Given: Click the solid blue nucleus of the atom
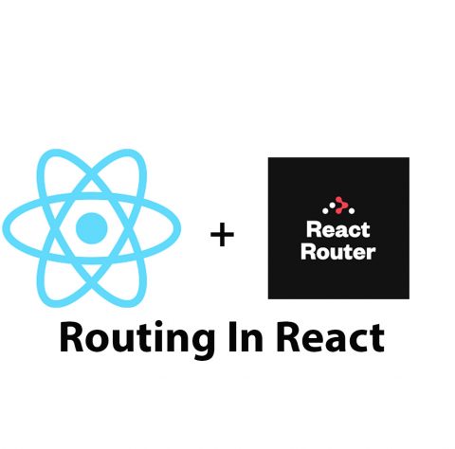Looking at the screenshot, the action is point(92,228).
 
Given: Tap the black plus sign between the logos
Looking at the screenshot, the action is point(222,235).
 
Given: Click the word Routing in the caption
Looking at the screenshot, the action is point(136,338).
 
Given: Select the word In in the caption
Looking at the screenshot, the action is point(246,337).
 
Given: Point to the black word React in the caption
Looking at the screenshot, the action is point(331,338).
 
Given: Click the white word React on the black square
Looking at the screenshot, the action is point(337,229).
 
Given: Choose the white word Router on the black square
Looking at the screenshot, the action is point(338,252).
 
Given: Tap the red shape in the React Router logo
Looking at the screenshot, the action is point(340,205).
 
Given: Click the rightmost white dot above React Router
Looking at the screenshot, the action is point(352,210).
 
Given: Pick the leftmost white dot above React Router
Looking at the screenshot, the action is point(325,210).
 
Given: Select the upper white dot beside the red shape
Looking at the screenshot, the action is point(332,206).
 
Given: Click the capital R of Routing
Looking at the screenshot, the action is point(71,337).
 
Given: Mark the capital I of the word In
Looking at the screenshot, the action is point(232,337).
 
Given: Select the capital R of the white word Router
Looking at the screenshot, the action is point(307,252).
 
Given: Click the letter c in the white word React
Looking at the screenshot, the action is point(355,231).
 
